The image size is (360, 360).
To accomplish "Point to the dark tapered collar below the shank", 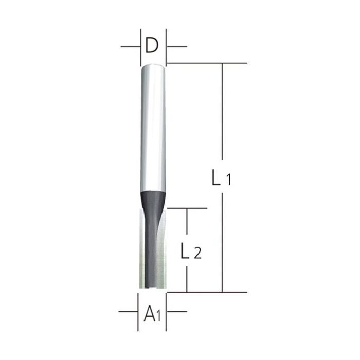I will (x=153, y=198).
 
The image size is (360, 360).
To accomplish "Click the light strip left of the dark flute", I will (x=142, y=252).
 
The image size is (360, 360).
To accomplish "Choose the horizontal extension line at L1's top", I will (x=206, y=63).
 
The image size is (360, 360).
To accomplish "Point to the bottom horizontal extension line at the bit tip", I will (x=206, y=292).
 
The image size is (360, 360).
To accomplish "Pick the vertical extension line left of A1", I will (x=139, y=309).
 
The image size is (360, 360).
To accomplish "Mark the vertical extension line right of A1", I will (x=166, y=309).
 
